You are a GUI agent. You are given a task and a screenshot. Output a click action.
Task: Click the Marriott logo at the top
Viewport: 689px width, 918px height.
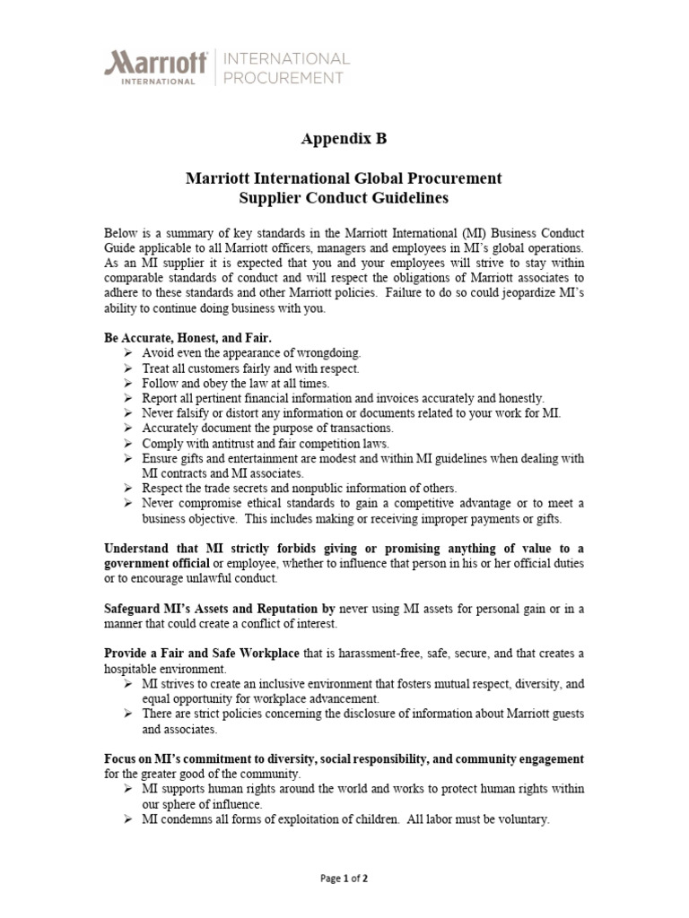[157, 67]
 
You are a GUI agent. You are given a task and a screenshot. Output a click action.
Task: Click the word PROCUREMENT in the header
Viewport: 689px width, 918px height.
[283, 78]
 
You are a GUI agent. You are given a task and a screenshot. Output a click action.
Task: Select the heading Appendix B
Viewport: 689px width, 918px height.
[344, 139]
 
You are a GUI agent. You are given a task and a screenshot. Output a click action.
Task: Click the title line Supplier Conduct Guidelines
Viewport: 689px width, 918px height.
[344, 197]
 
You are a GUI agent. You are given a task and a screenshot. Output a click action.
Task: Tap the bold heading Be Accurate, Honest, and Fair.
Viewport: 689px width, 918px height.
[188, 338]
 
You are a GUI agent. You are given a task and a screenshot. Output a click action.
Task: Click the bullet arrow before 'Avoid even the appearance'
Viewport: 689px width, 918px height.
[128, 353]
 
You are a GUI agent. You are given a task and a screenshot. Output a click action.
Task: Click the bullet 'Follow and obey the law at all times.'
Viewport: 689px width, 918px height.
[229, 383]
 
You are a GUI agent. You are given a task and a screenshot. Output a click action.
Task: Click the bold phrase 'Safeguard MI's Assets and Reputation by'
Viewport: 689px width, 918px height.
[220, 609]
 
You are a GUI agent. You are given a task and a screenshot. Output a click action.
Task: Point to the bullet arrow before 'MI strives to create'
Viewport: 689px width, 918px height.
[128, 684]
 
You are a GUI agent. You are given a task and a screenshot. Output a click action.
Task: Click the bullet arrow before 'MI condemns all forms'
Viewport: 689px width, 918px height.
[128, 819]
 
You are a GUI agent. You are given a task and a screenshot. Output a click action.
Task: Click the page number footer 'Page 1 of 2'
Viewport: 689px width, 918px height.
[344, 879]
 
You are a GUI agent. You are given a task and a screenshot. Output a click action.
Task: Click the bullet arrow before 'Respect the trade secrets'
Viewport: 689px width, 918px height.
[128, 489]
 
